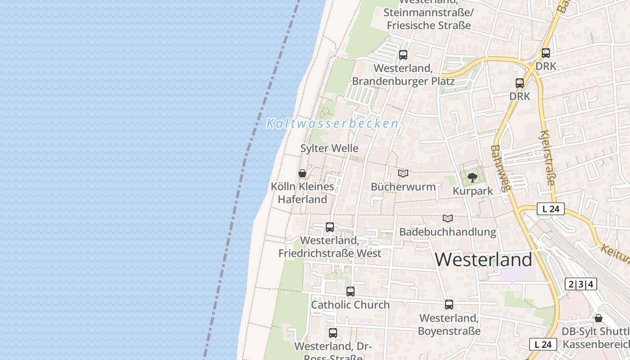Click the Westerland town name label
point(483,260)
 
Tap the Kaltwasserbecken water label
point(333,123)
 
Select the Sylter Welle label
point(329,148)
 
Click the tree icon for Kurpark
point(472,178)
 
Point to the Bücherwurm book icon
point(403,173)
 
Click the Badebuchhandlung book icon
point(447,218)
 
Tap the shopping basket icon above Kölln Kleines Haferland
point(302,173)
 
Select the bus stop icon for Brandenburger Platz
point(403,55)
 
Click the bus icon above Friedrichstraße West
point(330,227)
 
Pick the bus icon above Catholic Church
point(351,292)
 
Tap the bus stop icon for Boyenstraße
point(449,305)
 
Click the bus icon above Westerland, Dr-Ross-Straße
point(333,333)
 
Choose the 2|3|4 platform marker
point(581,284)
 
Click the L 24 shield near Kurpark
point(551,209)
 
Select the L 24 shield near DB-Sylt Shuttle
point(543,344)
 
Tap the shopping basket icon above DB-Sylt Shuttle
point(598,318)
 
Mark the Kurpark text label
point(472,191)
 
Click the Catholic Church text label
point(351,305)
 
